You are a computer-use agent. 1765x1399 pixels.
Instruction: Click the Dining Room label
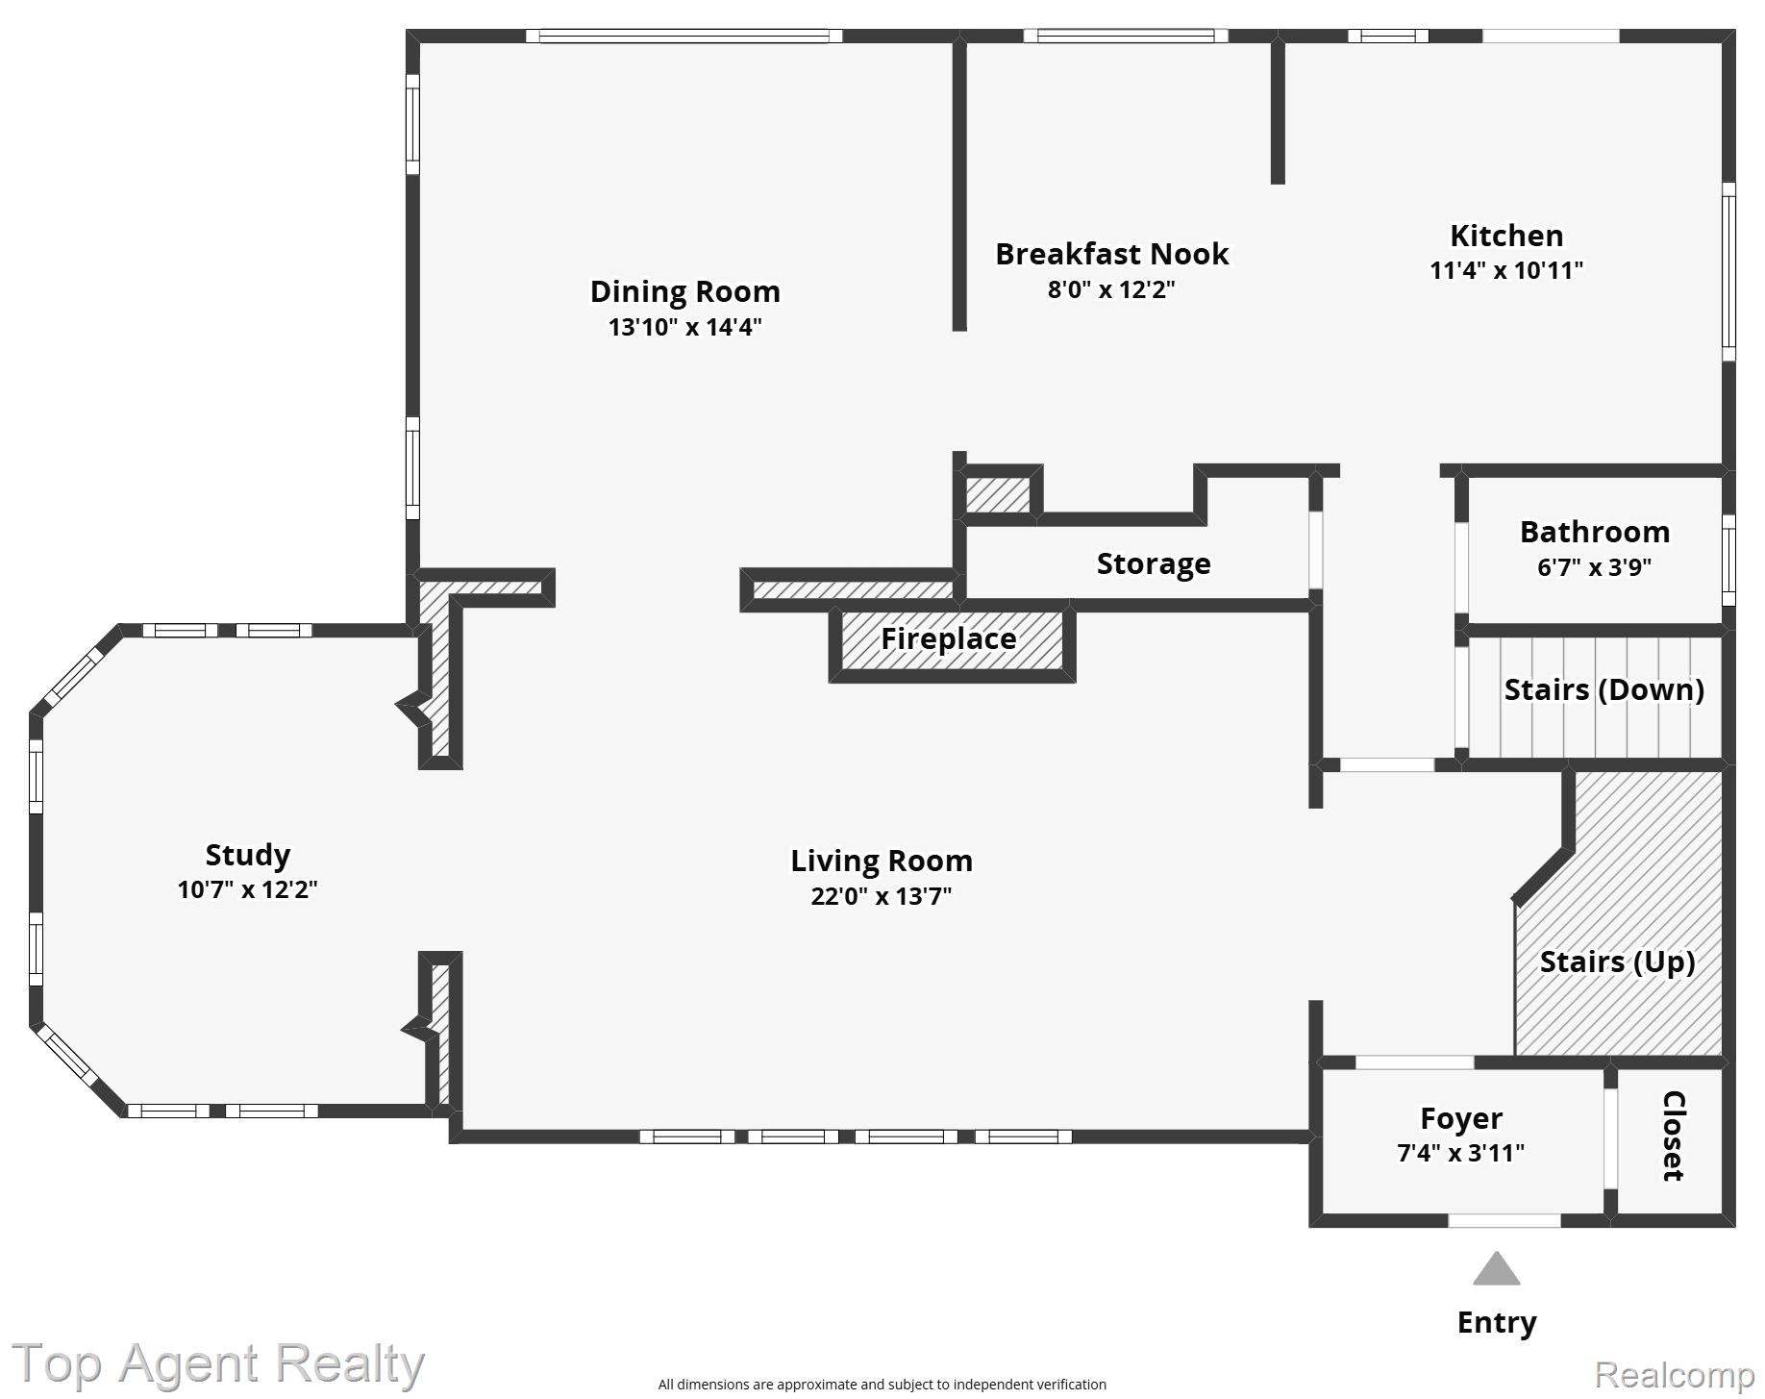point(684,291)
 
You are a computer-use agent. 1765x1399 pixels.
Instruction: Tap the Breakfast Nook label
point(1111,254)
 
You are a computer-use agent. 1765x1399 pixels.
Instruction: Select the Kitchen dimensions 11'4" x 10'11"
point(1505,270)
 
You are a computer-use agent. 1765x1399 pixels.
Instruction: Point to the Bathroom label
point(1594,532)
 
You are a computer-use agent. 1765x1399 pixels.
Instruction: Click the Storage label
point(1153,563)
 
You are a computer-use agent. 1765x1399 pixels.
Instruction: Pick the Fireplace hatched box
point(950,639)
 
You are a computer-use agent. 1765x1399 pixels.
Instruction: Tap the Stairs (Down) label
point(1603,689)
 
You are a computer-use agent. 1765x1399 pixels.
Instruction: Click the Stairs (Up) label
point(1616,962)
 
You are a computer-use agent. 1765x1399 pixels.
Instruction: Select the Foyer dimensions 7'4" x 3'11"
point(1459,1152)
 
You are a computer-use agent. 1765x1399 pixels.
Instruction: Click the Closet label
point(1673,1136)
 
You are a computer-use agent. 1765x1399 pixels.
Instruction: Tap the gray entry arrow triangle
point(1496,1271)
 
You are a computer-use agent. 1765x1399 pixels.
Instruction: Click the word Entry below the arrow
point(1496,1322)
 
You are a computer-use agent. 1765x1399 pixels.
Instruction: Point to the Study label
point(247,855)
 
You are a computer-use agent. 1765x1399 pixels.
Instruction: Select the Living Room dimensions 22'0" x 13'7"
point(881,896)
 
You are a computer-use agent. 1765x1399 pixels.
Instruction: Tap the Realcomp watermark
point(1674,1375)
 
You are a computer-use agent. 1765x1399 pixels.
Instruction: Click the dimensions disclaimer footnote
point(882,1385)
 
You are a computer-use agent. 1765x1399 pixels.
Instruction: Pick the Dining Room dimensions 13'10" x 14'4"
point(684,327)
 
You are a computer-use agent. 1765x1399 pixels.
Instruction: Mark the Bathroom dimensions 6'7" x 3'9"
point(1594,567)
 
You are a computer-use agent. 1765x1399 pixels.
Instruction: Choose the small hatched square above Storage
point(998,494)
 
